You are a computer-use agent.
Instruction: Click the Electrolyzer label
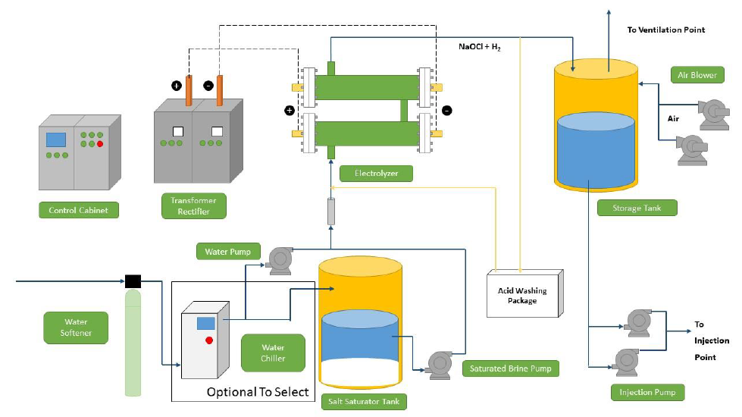pyautogui.click(x=376, y=173)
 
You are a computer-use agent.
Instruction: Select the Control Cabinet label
pyautogui.click(x=79, y=210)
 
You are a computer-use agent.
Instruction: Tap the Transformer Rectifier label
pyautogui.click(x=193, y=206)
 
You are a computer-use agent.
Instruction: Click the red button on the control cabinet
pyautogui.click(x=100, y=144)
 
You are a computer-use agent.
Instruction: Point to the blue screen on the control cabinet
pyautogui.click(x=56, y=140)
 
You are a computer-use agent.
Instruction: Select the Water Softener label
pyautogui.click(x=76, y=328)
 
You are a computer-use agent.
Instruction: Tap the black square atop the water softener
pyautogui.click(x=133, y=281)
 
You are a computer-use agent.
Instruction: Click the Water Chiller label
pyautogui.click(x=273, y=353)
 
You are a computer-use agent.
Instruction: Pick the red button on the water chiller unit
pyautogui.click(x=209, y=340)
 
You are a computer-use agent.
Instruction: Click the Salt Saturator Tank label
pyautogui.click(x=364, y=401)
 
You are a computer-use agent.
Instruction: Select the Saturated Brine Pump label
pyautogui.click(x=511, y=368)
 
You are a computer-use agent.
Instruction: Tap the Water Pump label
pyautogui.click(x=228, y=252)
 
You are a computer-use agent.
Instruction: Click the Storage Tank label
pyautogui.click(x=637, y=208)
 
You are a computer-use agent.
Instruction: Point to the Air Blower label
pyautogui.click(x=697, y=75)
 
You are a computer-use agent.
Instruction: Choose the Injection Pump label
pyautogui.click(x=647, y=393)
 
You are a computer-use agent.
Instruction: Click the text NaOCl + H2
pyautogui.click(x=479, y=47)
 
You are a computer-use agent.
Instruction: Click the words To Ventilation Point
pyautogui.click(x=665, y=30)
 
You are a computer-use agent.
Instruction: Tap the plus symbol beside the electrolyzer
pyautogui.click(x=290, y=110)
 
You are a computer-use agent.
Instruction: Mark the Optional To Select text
pyautogui.click(x=258, y=392)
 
